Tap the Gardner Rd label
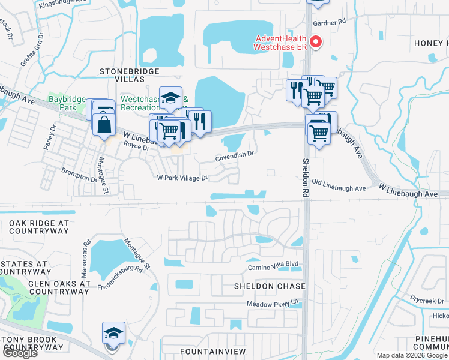(330, 22)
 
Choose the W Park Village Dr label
(182, 178)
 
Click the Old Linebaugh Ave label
(339, 188)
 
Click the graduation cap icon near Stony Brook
(113, 333)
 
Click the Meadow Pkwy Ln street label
(273, 304)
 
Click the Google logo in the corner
(19, 353)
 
